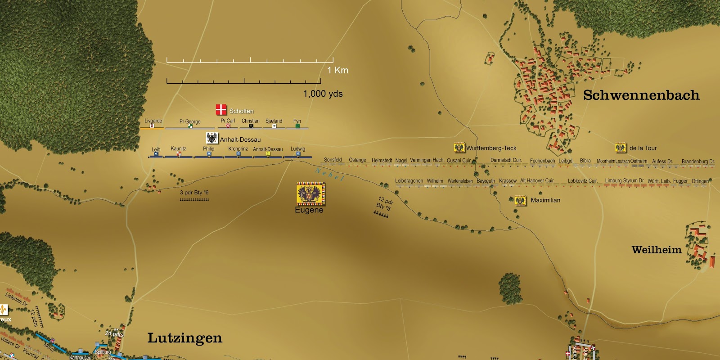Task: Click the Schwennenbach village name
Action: tap(641, 95)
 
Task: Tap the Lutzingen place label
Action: tap(184, 338)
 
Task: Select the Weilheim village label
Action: tap(656, 250)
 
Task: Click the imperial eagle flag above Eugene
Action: tap(310, 193)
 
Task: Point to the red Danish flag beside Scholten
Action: tap(221, 109)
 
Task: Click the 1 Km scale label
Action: tap(337, 70)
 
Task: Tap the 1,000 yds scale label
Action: tap(323, 94)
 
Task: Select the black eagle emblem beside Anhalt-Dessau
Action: tap(212, 138)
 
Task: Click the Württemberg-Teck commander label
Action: tap(491, 148)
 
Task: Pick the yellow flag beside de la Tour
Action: tap(621, 148)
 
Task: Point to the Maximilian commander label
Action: tap(545, 200)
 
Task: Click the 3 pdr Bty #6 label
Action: tap(194, 193)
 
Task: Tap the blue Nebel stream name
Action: tap(330, 174)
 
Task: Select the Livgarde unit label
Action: tap(153, 121)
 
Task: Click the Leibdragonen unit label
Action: tap(409, 181)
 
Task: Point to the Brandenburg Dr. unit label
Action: tap(698, 162)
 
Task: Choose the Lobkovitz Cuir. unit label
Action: tap(582, 181)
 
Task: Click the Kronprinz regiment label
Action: tap(238, 149)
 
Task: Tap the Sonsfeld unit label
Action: tap(333, 160)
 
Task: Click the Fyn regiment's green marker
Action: tap(297, 126)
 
